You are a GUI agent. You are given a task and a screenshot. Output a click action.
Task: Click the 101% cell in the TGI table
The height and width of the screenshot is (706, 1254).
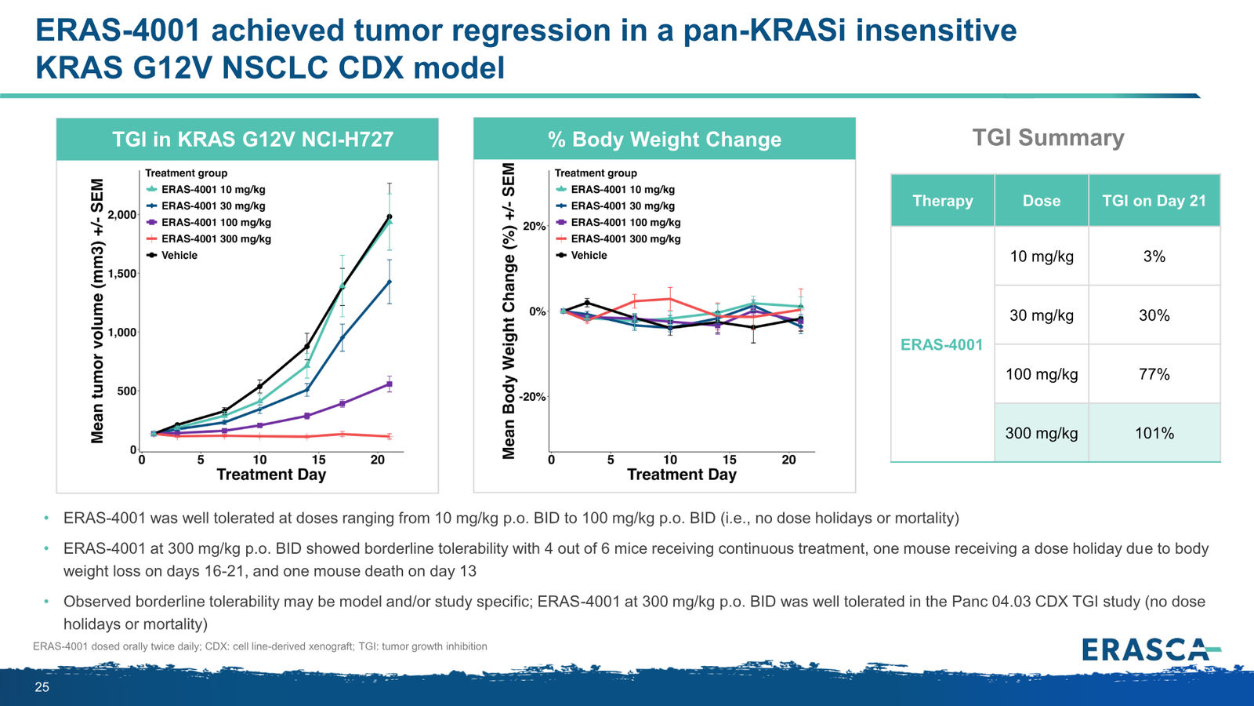pos(1154,433)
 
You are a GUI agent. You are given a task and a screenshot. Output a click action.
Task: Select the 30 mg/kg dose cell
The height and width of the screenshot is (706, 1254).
pos(1042,315)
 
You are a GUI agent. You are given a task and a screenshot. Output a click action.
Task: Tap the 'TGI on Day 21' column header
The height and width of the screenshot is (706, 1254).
pos(1154,201)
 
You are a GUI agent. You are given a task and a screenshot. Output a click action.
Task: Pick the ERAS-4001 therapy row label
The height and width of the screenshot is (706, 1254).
pos(941,344)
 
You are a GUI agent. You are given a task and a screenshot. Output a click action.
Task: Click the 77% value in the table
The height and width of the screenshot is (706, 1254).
pos(1154,374)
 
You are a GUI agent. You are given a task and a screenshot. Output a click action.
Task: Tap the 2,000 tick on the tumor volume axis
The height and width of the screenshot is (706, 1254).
pos(121,215)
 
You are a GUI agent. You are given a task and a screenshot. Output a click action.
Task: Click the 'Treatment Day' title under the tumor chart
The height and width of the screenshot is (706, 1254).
pos(271,475)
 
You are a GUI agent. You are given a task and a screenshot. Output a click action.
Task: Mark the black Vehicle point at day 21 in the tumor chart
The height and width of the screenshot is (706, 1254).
pos(390,217)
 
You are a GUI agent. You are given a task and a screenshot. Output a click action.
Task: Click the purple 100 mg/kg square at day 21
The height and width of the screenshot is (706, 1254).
pos(390,384)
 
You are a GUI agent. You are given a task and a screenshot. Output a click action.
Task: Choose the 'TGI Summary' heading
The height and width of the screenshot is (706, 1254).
pos(1048,137)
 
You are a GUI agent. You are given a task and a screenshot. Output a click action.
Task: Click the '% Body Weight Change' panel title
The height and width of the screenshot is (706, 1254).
pos(665,139)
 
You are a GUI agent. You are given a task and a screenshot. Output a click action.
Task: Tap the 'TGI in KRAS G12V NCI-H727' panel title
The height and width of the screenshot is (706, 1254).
pos(252,139)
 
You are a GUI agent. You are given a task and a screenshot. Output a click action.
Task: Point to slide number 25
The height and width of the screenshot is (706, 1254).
pos(42,687)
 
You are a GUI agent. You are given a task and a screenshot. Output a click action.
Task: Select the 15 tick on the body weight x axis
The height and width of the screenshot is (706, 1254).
pos(729,460)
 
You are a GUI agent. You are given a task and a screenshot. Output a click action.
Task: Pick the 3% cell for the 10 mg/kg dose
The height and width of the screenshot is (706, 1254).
pos(1154,257)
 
